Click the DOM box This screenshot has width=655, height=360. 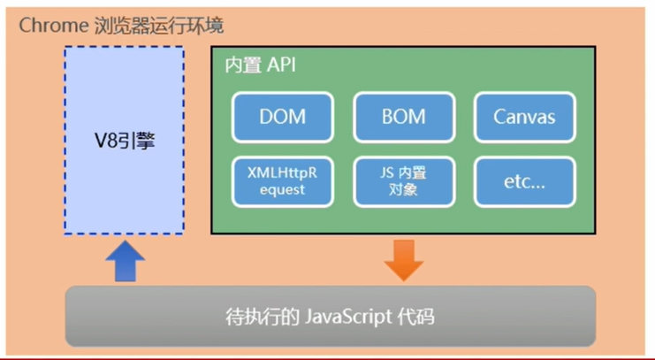click(x=282, y=118)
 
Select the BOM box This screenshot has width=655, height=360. click(x=404, y=118)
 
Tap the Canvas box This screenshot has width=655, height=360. click(x=525, y=118)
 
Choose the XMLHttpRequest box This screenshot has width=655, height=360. click(x=282, y=182)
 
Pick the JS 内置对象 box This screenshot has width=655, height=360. click(x=404, y=182)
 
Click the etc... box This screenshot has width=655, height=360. click(x=525, y=182)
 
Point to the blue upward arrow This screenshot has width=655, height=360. click(x=125, y=260)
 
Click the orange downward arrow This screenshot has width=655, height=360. click(x=404, y=260)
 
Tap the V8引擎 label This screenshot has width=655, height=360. click(x=125, y=141)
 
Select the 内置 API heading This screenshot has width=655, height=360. click(x=260, y=65)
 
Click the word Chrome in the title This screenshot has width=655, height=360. click(x=53, y=26)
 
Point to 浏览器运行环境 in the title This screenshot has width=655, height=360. click(x=159, y=26)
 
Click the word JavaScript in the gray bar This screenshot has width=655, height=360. click(x=348, y=317)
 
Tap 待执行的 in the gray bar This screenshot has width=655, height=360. click(x=262, y=317)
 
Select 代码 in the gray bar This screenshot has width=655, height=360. click(x=416, y=317)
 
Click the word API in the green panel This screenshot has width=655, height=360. click(x=282, y=65)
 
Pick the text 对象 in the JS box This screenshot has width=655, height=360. click(x=404, y=190)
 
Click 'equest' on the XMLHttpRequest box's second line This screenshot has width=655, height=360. click(x=282, y=190)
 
